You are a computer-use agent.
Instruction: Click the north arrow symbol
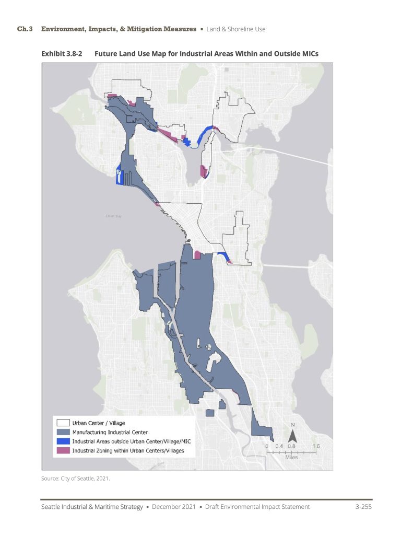click(293, 433)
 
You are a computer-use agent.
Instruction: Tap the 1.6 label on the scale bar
click(316, 446)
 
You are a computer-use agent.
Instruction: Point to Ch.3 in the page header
click(25, 29)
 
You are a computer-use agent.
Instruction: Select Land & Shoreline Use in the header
click(235, 29)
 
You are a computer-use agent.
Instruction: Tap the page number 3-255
click(363, 507)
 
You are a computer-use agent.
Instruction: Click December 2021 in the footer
click(175, 507)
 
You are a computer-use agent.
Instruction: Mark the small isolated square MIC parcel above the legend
click(210, 413)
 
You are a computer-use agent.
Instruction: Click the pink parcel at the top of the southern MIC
click(197, 255)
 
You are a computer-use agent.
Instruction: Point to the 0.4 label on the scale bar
click(279, 446)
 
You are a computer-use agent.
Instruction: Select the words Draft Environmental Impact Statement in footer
click(257, 507)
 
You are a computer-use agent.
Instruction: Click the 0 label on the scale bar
click(267, 446)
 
